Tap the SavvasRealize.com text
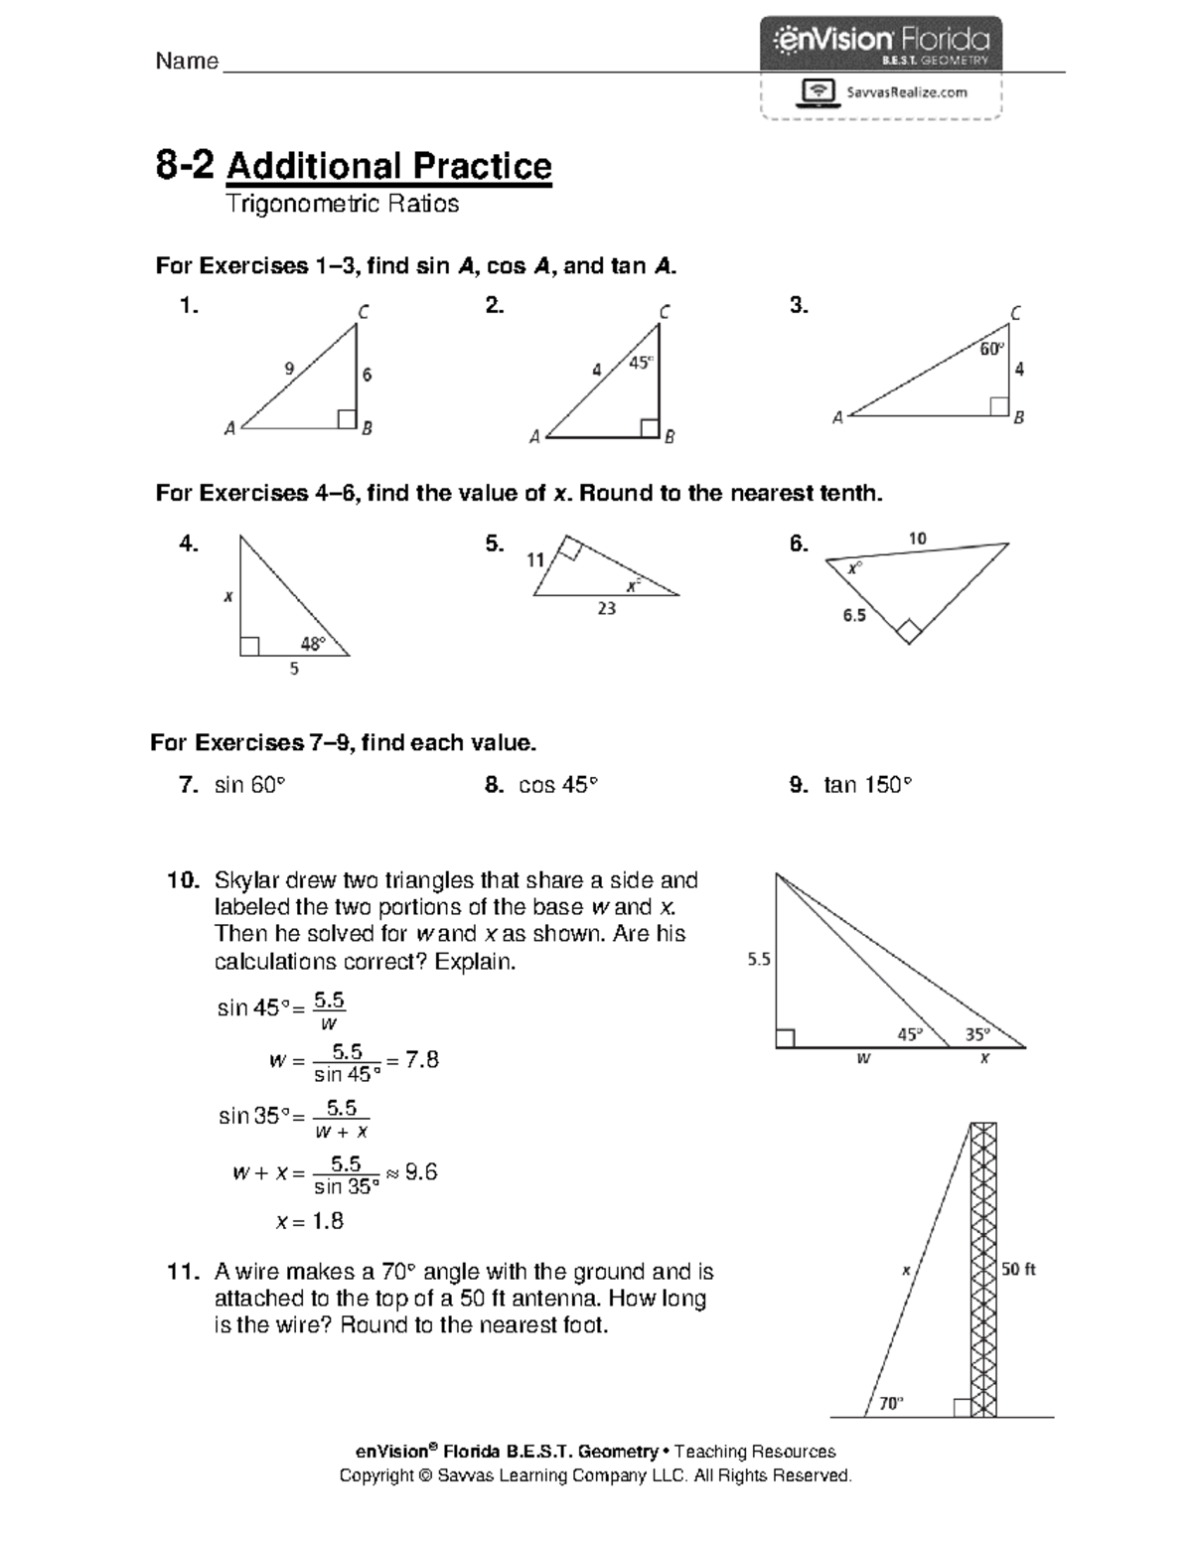tap(905, 92)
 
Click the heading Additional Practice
tap(388, 166)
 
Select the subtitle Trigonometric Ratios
tap(342, 204)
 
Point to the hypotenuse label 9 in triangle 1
tap(289, 369)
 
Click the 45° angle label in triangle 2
tap(641, 363)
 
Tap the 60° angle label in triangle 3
tap(991, 349)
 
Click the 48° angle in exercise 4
tap(313, 643)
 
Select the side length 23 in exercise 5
tap(606, 608)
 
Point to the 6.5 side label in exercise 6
tap(854, 615)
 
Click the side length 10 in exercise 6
tap(917, 539)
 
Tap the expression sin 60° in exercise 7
tap(249, 785)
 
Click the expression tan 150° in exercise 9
tap(867, 785)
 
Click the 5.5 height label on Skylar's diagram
tap(759, 960)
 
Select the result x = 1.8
tap(309, 1221)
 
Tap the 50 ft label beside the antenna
tap(1018, 1269)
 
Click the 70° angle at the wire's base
tap(890, 1403)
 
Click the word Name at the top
tap(187, 62)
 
